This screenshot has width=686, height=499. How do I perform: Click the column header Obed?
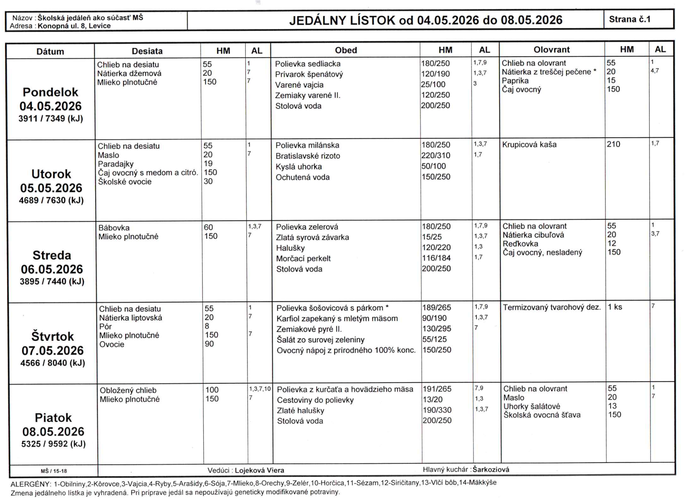[x=345, y=50]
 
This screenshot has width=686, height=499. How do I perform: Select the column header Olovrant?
[x=551, y=49]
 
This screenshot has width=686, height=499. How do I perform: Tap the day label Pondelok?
[x=50, y=92]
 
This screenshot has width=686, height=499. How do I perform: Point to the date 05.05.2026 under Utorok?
[x=51, y=188]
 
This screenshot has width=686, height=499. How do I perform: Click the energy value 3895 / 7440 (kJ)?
[x=52, y=281]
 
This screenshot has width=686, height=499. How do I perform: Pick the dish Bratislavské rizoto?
[x=308, y=156]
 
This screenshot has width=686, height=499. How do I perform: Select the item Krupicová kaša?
[x=529, y=144]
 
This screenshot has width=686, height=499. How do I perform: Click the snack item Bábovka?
[x=114, y=228]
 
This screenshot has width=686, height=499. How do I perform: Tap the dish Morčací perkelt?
[x=303, y=258]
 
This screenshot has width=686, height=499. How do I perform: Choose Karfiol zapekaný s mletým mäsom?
[x=337, y=318]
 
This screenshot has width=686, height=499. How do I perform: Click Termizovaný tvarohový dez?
[x=552, y=307]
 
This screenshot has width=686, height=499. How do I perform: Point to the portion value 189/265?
[x=436, y=307]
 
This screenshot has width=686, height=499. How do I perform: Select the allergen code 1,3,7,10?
[x=260, y=389]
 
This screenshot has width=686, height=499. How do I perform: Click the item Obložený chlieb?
[x=128, y=390]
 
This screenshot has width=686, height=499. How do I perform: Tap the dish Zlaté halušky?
[x=300, y=411]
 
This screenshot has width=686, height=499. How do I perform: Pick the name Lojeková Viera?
[x=259, y=470]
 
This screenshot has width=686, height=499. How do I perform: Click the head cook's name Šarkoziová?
[x=491, y=469]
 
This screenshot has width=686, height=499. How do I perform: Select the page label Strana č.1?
[x=629, y=19]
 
